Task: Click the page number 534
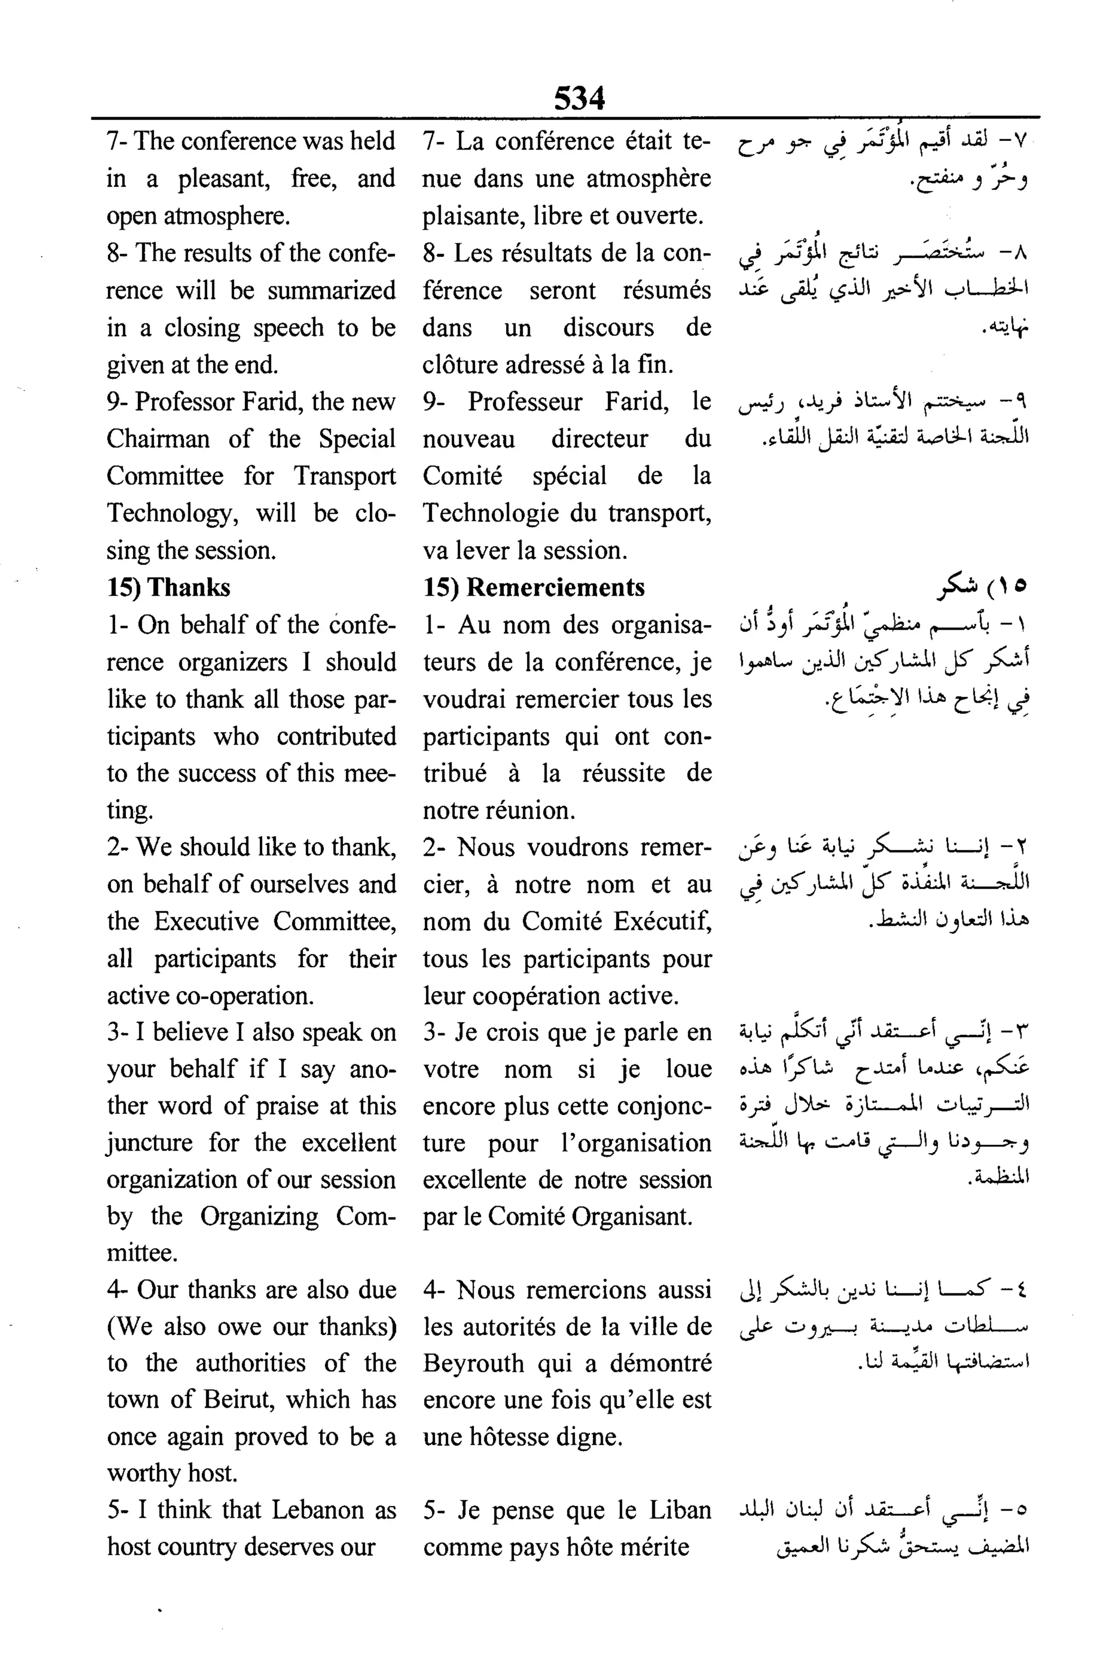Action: tap(579, 98)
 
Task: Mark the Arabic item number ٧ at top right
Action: tap(1019, 142)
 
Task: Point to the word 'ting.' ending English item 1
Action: tap(130, 811)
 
